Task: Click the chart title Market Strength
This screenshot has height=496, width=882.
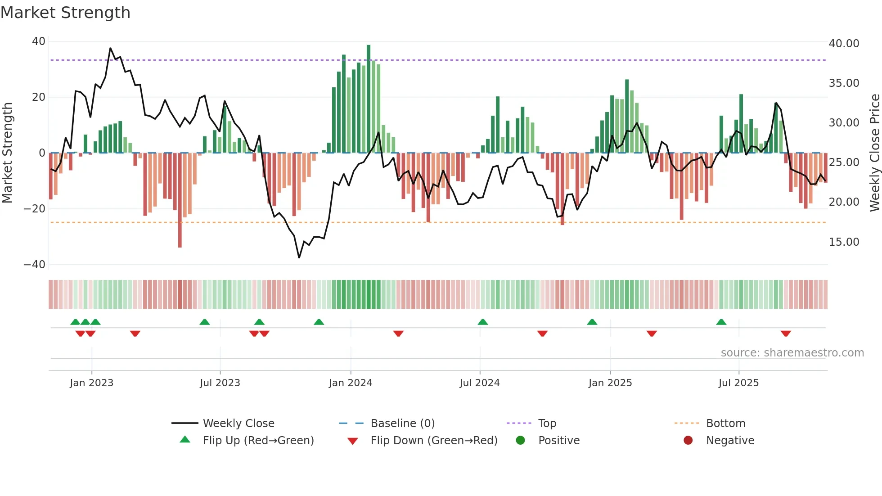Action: (65, 13)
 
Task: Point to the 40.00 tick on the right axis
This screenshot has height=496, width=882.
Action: (844, 44)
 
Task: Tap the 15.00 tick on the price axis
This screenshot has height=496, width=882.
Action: (844, 242)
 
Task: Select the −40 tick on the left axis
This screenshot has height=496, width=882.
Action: (34, 265)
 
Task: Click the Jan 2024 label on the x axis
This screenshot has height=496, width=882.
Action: (351, 383)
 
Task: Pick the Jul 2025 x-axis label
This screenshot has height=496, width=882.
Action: (738, 383)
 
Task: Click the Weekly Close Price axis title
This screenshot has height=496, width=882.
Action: (874, 153)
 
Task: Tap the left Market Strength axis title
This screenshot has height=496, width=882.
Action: (7, 153)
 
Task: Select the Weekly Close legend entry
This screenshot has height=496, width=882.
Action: (238, 424)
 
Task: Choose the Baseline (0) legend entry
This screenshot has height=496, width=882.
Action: (402, 424)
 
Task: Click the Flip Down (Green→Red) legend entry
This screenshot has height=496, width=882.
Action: (434, 441)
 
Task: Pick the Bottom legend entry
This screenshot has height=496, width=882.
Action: (725, 424)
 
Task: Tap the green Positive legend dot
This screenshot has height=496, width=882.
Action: (521, 441)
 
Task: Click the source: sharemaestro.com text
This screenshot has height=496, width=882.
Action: (792, 353)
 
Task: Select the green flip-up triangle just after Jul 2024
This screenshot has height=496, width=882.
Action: (483, 322)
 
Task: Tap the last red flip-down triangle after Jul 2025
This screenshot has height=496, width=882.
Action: (786, 334)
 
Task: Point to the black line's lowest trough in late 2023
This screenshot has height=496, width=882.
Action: (299, 257)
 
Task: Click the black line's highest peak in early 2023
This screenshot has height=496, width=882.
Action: (110, 48)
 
